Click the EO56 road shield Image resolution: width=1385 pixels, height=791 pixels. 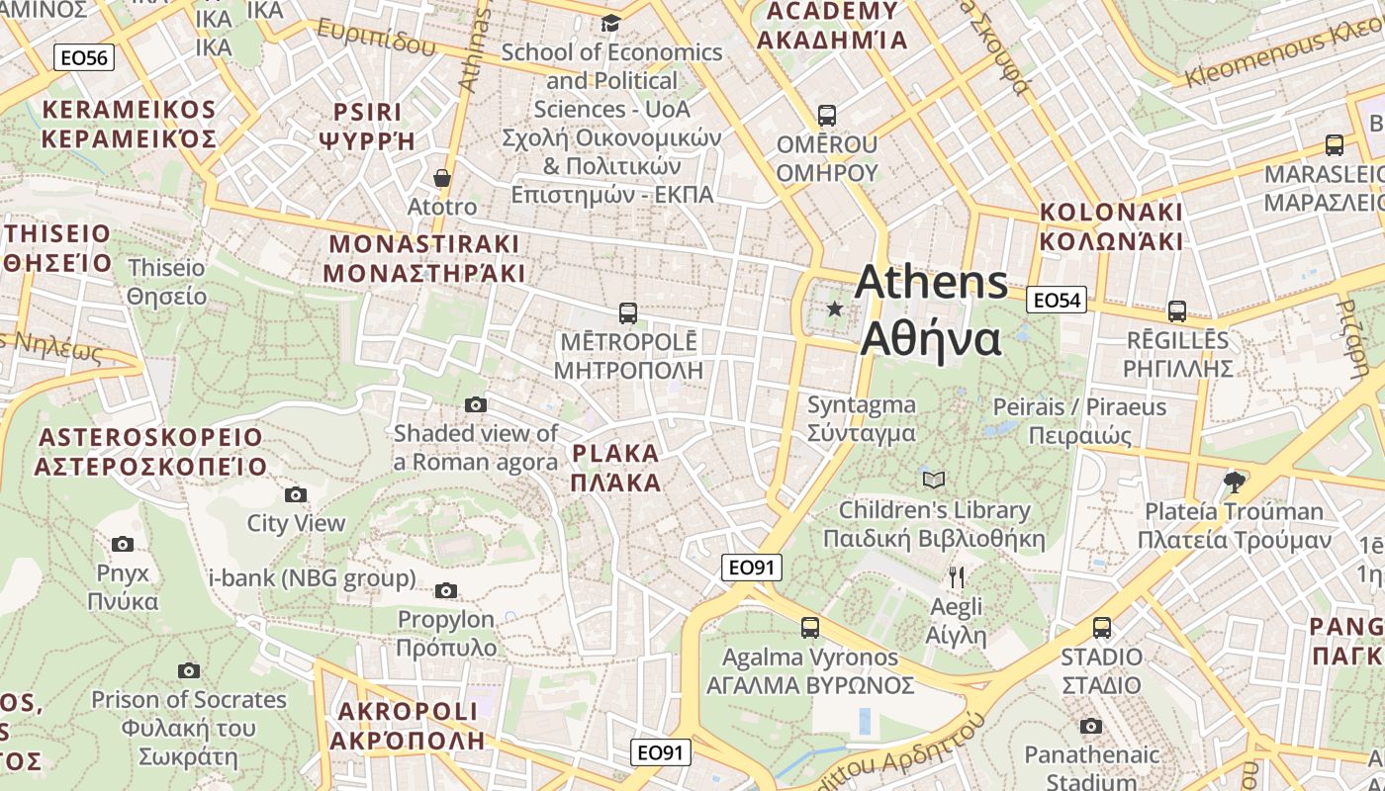click(x=83, y=57)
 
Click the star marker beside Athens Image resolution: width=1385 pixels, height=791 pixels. click(x=835, y=309)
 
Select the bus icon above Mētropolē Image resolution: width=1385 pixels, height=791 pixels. click(x=627, y=313)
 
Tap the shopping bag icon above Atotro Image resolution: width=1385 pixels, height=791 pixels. click(x=442, y=178)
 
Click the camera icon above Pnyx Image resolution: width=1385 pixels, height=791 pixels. click(x=123, y=544)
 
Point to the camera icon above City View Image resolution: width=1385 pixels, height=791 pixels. click(x=295, y=494)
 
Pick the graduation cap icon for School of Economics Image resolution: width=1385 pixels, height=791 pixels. click(x=610, y=22)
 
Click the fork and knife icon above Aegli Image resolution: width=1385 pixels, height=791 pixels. click(x=957, y=577)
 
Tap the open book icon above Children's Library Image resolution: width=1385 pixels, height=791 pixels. click(x=933, y=481)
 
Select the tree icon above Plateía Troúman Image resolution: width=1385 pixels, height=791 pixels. click(x=1234, y=483)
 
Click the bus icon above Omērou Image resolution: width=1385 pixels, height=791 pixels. click(x=827, y=116)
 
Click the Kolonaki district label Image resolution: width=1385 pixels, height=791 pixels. click(x=1111, y=226)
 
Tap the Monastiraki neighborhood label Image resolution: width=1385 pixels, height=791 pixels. click(x=424, y=258)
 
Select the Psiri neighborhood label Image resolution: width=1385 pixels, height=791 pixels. click(x=367, y=126)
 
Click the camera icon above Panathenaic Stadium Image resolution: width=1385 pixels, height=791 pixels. click(x=1090, y=727)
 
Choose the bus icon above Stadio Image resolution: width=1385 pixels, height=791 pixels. click(x=1102, y=628)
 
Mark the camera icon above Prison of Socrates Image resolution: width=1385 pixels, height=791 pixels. click(x=188, y=671)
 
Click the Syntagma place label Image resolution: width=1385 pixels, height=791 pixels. click(x=861, y=418)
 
